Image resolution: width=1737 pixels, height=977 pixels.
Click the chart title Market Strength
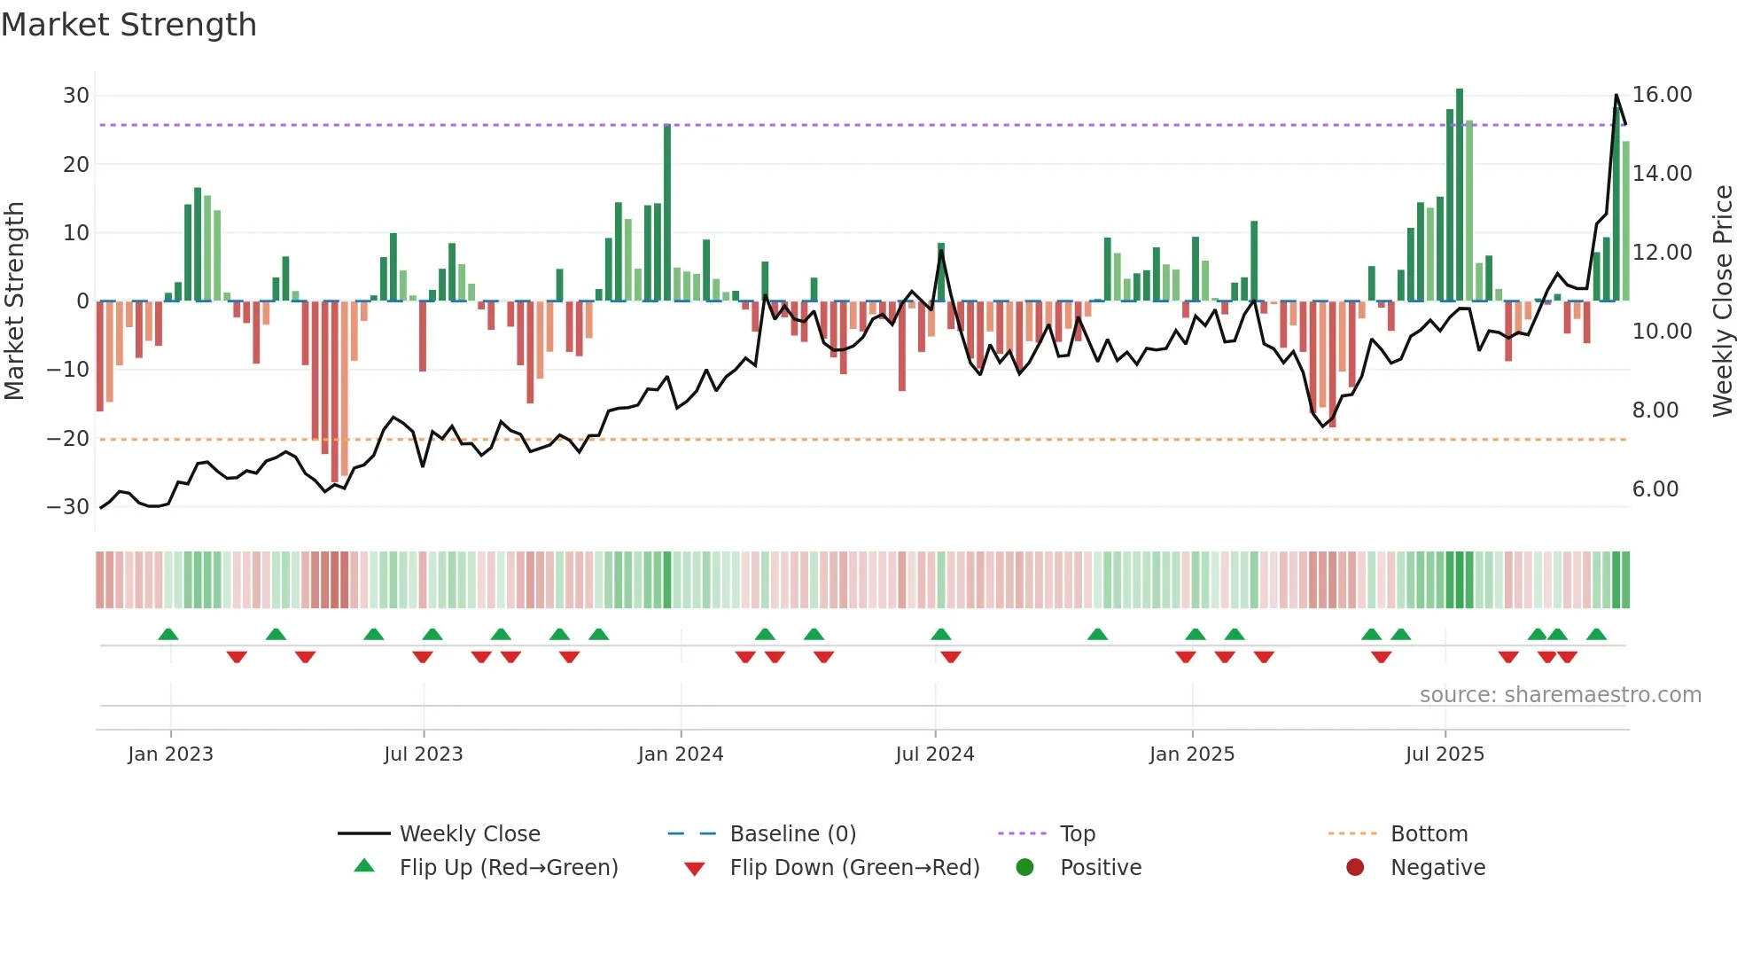tap(129, 25)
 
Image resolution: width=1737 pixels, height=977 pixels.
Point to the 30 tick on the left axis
tap(76, 96)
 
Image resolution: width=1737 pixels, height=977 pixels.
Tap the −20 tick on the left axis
tap(68, 438)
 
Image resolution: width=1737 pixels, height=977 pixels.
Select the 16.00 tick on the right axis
tap(1662, 95)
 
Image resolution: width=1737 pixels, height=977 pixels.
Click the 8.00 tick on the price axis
tap(1655, 410)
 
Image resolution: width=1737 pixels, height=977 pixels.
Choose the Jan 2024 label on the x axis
tap(680, 754)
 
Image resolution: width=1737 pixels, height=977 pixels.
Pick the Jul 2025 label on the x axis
tap(1444, 754)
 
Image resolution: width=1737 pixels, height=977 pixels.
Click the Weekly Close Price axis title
tap(1722, 301)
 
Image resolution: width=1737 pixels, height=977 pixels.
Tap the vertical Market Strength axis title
tap(14, 301)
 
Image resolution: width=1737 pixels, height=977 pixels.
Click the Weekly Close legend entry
tap(469, 834)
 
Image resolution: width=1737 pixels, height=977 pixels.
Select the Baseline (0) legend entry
tap(792, 834)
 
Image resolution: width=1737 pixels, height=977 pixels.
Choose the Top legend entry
tap(1077, 834)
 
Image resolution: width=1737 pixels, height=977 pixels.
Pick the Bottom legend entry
tap(1429, 834)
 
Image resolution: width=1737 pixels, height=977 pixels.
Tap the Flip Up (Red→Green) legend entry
tap(508, 868)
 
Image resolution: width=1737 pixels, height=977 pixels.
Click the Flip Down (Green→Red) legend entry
tap(853, 868)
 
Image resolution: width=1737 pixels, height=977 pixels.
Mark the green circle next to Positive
tap(1025, 868)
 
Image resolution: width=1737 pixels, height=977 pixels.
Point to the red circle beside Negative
tap(1355, 868)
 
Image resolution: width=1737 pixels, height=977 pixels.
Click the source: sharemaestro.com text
tap(1560, 695)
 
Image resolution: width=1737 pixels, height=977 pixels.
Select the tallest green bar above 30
tap(1459, 195)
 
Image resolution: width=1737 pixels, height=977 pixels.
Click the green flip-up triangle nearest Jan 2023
tap(168, 634)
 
